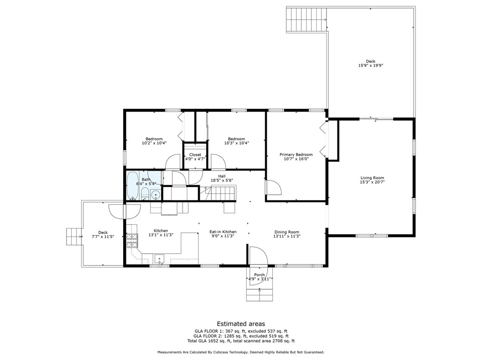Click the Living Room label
(x=372, y=178)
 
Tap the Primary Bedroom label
(x=296, y=154)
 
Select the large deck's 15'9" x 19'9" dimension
(x=371, y=66)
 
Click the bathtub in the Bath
(x=133, y=186)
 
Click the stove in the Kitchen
(x=133, y=240)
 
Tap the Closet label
(x=195, y=155)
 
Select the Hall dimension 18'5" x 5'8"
(x=222, y=180)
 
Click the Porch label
(x=260, y=275)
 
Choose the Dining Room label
(x=287, y=232)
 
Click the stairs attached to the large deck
(x=306, y=19)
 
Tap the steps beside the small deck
(x=74, y=237)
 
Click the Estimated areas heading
(x=241, y=324)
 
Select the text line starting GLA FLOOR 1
(x=241, y=331)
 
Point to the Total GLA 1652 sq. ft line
(x=241, y=341)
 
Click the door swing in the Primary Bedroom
(x=273, y=187)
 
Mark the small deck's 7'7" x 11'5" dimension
(x=103, y=237)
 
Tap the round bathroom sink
(x=156, y=194)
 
